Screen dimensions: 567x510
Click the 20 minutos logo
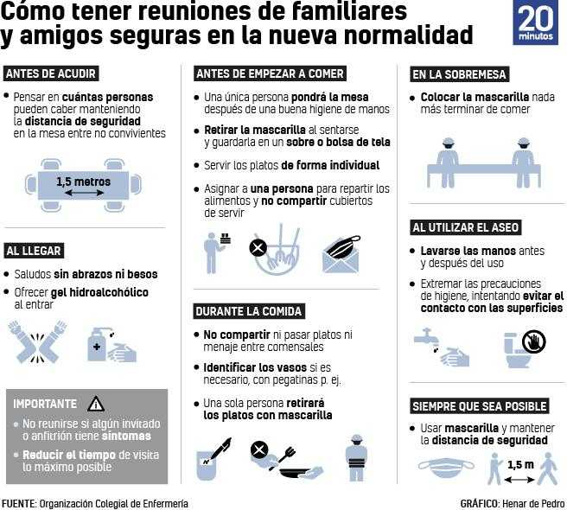(x=536, y=22)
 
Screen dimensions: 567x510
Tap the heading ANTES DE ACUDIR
(x=51, y=73)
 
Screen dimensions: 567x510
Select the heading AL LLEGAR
(x=34, y=251)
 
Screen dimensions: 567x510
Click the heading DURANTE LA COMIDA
(x=249, y=311)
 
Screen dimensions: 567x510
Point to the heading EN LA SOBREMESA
(x=459, y=74)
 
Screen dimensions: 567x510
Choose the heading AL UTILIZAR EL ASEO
(x=466, y=227)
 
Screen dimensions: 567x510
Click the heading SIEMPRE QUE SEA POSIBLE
(x=480, y=406)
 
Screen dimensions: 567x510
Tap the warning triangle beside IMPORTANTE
(x=96, y=404)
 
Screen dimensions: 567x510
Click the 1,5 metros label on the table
(x=83, y=182)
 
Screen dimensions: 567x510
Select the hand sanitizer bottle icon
(x=97, y=344)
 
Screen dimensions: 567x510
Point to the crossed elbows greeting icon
(x=38, y=341)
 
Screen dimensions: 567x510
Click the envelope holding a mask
(x=341, y=255)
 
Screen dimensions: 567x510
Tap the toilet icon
(x=517, y=351)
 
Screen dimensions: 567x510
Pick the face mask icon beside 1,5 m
(x=446, y=468)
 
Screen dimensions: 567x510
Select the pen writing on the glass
(x=218, y=449)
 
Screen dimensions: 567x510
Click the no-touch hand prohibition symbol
(x=534, y=341)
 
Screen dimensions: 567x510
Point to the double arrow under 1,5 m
(x=519, y=480)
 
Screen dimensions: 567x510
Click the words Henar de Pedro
(x=533, y=504)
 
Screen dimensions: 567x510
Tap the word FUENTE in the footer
(x=18, y=504)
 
